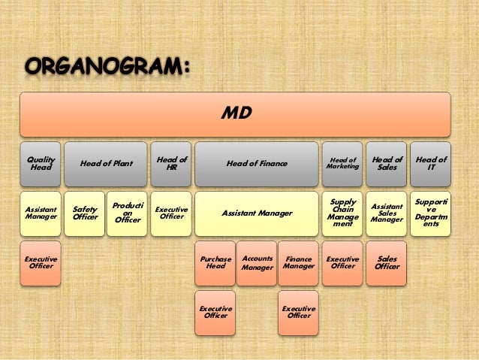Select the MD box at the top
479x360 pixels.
[x=235, y=114]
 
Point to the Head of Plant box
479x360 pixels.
[x=106, y=164]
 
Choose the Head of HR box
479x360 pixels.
[x=171, y=164]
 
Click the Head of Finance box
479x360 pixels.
[x=256, y=164]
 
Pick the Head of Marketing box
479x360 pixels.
[x=342, y=164]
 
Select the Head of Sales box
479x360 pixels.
[x=387, y=164]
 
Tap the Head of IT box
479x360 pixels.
[x=431, y=164]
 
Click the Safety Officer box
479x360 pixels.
[x=84, y=213]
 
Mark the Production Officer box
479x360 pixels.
[x=127, y=213]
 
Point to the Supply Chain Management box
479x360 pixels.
[x=342, y=213]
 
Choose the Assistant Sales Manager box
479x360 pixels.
[x=387, y=213]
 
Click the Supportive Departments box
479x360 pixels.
[x=431, y=213]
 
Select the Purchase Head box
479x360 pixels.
[x=215, y=263]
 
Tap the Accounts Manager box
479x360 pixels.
[x=257, y=263]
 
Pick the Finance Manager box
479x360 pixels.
[x=298, y=263]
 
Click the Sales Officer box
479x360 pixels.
[x=387, y=263]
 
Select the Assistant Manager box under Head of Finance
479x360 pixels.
[x=256, y=213]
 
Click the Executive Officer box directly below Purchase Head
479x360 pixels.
[x=215, y=312]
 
